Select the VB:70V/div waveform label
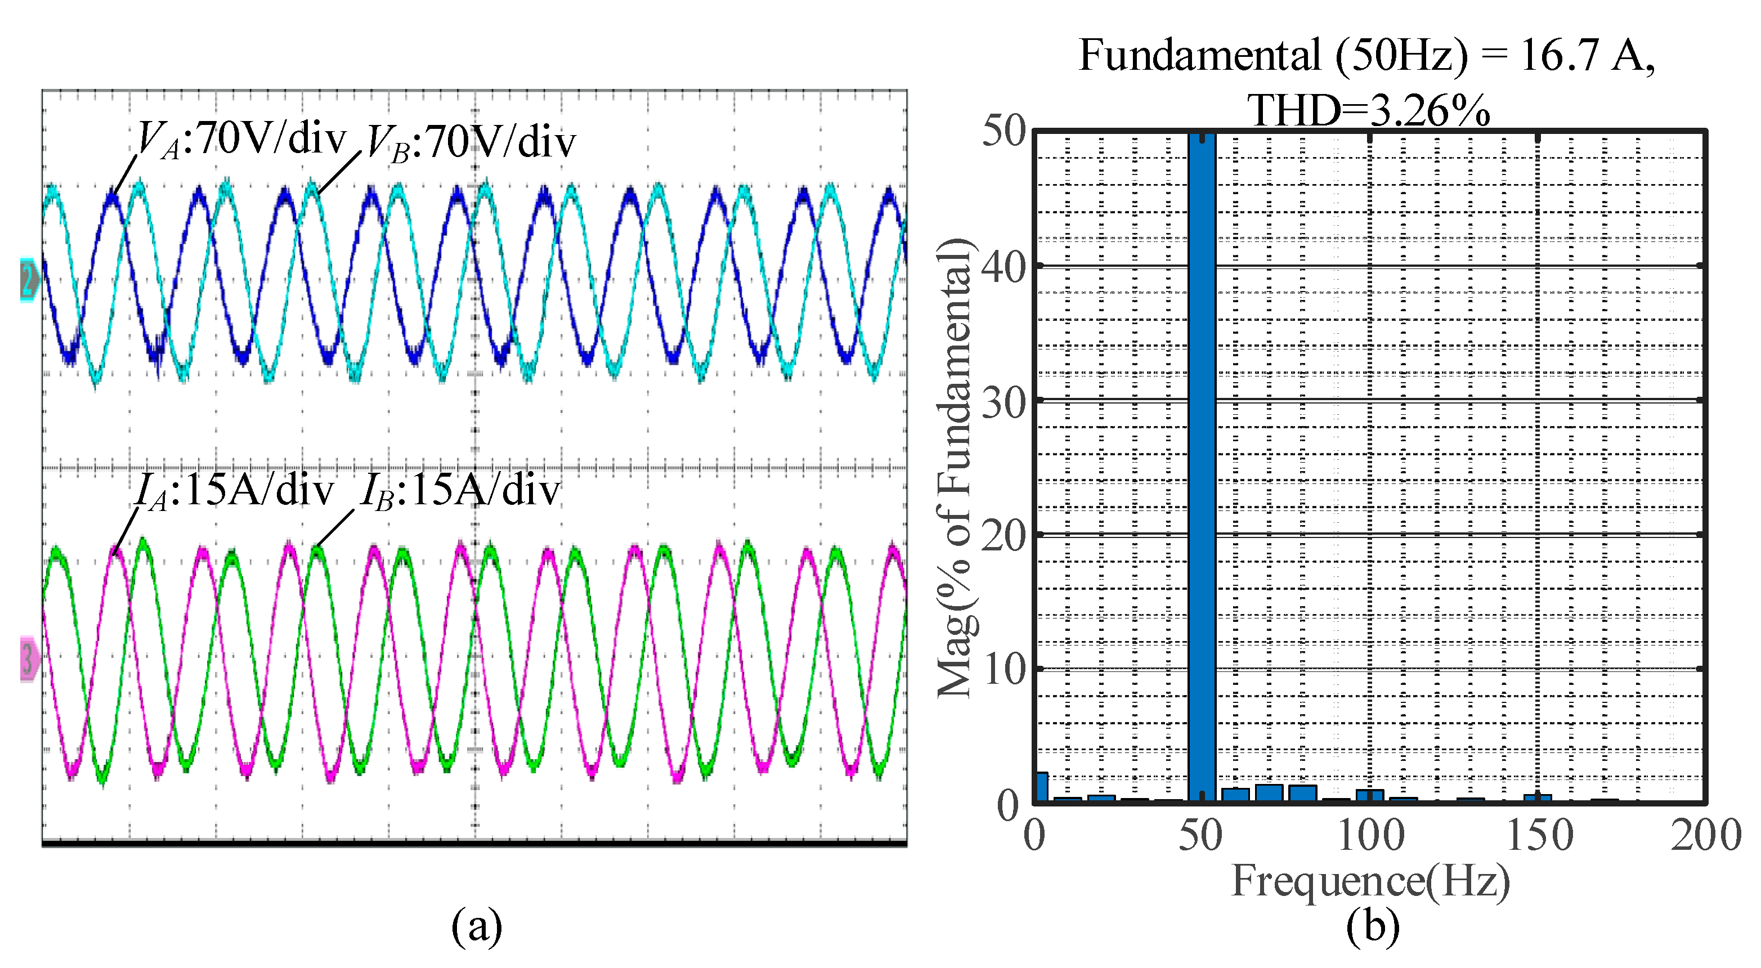pyautogui.click(x=471, y=144)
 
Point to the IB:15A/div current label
pyautogui.click(x=460, y=491)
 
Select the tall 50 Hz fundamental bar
pyautogui.click(x=1201, y=465)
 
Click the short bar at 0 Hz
pyautogui.click(x=1042, y=786)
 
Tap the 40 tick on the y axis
pyautogui.click(x=1003, y=267)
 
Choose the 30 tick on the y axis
pyautogui.click(x=1003, y=402)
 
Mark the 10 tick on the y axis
pyautogui.click(x=1003, y=669)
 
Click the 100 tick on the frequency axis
pyautogui.click(x=1369, y=835)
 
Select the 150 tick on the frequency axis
pyautogui.click(x=1539, y=835)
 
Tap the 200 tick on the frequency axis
pyautogui.click(x=1706, y=835)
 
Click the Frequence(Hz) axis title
pyautogui.click(x=1370, y=881)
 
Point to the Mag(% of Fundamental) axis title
pyautogui.click(x=955, y=468)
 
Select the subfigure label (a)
pyautogui.click(x=477, y=926)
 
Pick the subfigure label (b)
pyautogui.click(x=1372, y=926)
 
